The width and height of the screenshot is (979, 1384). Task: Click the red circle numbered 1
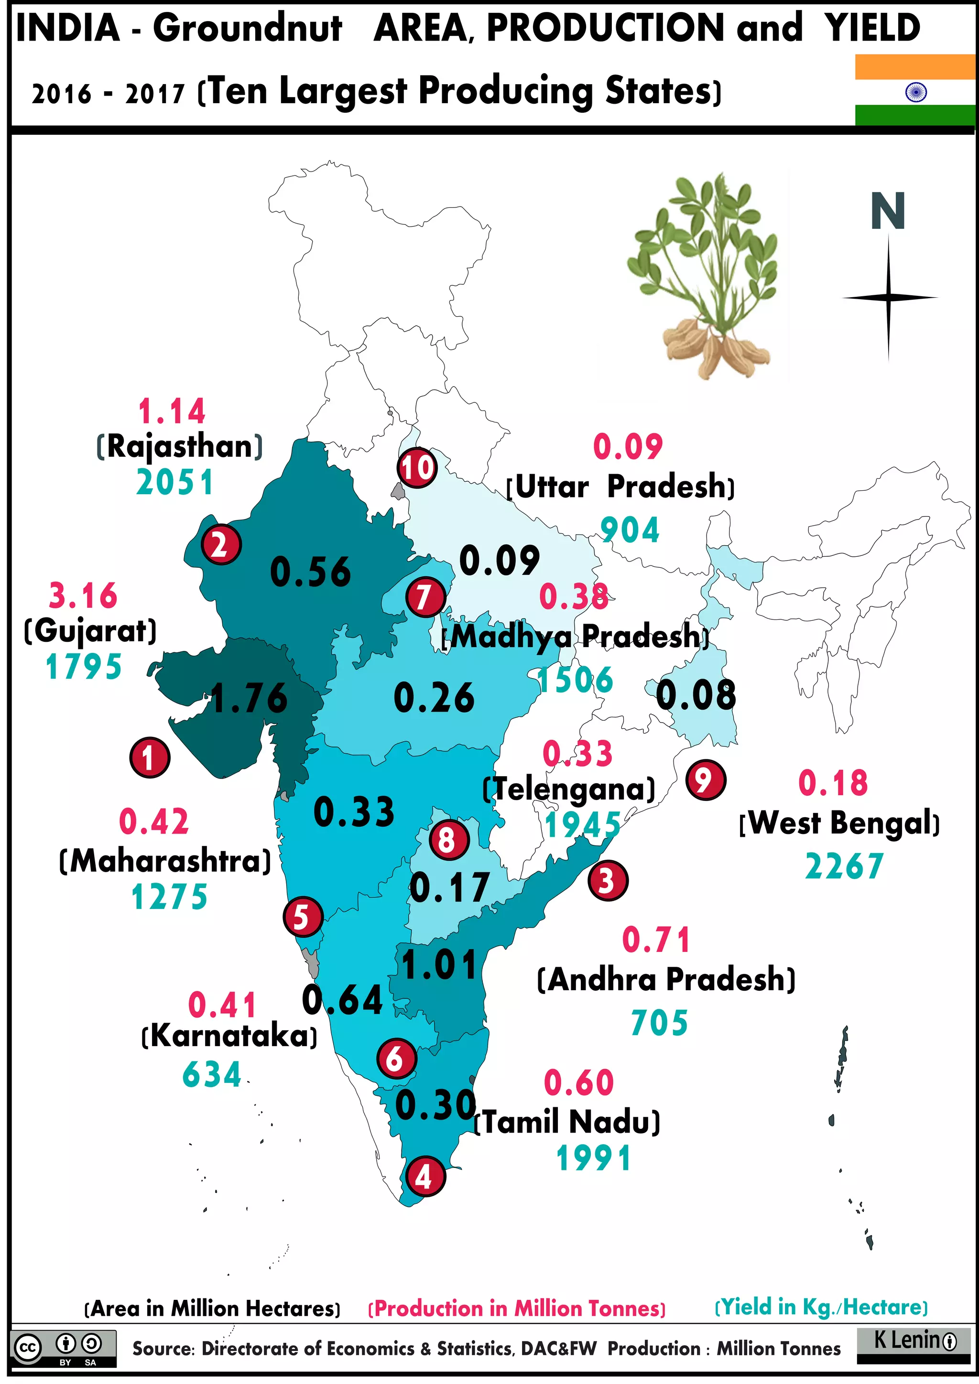(150, 757)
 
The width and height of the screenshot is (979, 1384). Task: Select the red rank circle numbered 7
(425, 597)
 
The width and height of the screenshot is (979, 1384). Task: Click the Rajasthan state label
(180, 447)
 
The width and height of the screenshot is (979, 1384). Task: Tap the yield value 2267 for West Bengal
(844, 867)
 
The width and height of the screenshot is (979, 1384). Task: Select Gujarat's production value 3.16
(83, 595)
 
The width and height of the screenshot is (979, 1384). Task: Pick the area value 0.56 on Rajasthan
(310, 572)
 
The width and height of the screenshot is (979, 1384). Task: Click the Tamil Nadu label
(568, 1122)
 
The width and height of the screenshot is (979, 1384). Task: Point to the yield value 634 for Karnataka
(212, 1075)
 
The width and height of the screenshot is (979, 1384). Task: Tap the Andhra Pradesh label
(666, 979)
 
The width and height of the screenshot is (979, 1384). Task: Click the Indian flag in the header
(915, 90)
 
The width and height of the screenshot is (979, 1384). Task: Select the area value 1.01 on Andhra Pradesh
(439, 964)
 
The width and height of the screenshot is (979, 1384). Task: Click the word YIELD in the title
(872, 28)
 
